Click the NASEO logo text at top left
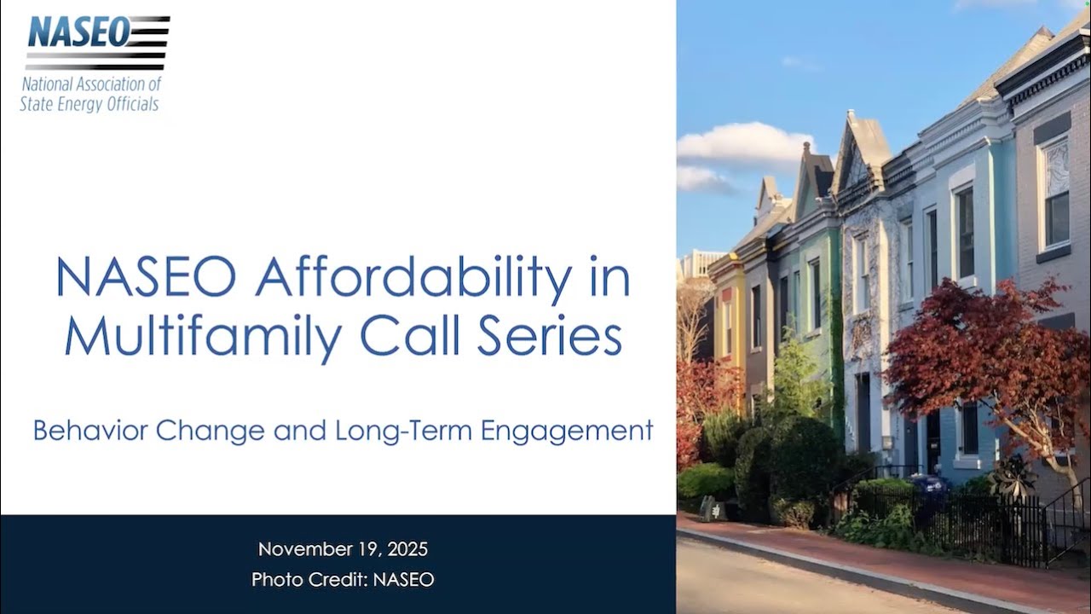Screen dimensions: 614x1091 pos(78,32)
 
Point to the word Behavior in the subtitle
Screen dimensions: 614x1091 pos(88,431)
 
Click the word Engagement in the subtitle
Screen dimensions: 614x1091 pos(567,431)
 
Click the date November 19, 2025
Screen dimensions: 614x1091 pos(343,549)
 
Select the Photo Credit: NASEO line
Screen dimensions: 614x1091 pos(343,580)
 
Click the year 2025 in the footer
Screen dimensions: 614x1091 pos(405,549)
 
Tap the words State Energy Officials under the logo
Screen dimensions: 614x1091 pos(89,104)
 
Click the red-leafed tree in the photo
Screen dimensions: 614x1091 pos(972,358)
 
